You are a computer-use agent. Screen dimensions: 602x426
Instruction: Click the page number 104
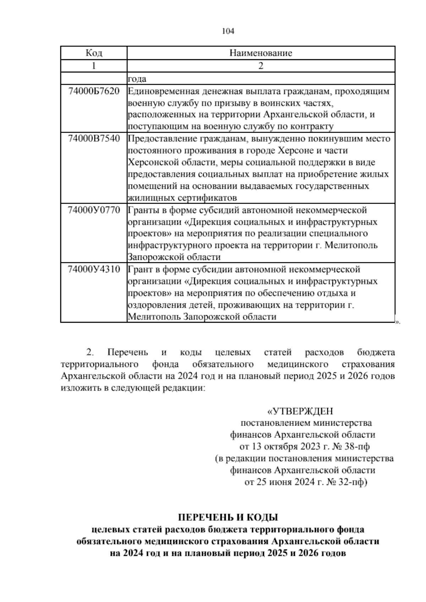[x=228, y=31]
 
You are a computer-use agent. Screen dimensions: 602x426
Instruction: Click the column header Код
[x=94, y=53]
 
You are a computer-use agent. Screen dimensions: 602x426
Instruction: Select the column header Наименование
[x=261, y=53]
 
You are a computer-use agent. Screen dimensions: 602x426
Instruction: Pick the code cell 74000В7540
[x=94, y=138]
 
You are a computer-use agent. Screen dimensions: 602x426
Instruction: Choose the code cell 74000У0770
[x=94, y=210]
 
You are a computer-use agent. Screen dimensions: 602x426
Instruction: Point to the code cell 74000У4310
[x=94, y=269]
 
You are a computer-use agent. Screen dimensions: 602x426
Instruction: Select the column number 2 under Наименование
[x=261, y=66]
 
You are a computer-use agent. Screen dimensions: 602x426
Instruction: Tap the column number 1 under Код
[x=94, y=66]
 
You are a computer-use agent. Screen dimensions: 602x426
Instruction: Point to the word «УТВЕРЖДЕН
[x=300, y=411]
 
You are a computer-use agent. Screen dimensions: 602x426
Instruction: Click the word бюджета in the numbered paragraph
[x=376, y=353]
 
